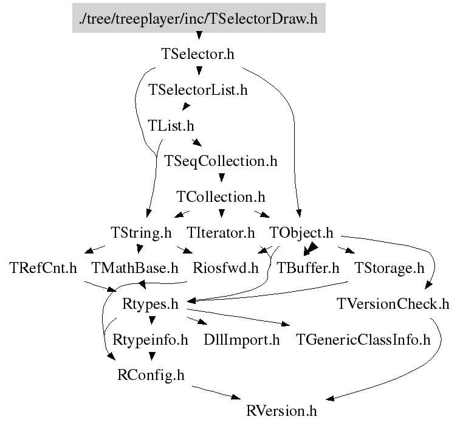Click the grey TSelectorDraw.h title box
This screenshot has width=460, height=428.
[x=199, y=19]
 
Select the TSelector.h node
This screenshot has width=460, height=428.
[x=198, y=54]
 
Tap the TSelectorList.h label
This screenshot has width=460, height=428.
[x=198, y=90]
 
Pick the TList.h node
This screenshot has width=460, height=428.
[x=171, y=126]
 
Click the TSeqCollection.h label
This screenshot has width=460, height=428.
[x=221, y=161]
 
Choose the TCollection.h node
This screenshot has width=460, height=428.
[x=221, y=197]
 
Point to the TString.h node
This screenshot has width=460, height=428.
[x=141, y=232]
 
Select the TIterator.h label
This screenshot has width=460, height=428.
[x=221, y=232]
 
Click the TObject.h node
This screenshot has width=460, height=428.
[x=301, y=232]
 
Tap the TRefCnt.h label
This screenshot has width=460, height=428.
[x=43, y=267]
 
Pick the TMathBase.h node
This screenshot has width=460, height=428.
[x=134, y=267]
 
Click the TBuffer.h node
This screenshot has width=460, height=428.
[x=308, y=267]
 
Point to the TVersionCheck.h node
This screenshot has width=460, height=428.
[x=393, y=303]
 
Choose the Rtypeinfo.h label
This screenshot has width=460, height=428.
[x=150, y=339]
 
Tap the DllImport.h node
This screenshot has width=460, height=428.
[x=242, y=339]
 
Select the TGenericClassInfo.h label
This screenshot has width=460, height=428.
[x=363, y=339]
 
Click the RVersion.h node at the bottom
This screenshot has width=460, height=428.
[x=281, y=410]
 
